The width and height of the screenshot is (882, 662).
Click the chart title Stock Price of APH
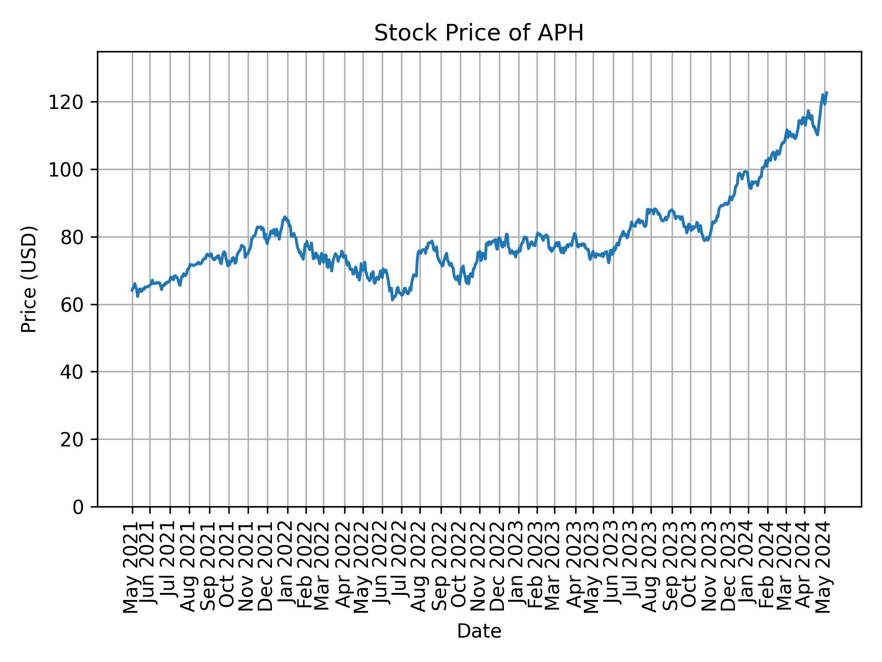pos(479,34)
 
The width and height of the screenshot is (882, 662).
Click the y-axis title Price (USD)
pos(28,279)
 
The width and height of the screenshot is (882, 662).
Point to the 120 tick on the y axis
pos(69,102)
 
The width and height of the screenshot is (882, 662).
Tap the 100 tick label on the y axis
pos(69,170)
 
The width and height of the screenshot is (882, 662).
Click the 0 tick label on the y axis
pos(79,507)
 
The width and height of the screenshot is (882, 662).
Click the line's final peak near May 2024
pos(826,93)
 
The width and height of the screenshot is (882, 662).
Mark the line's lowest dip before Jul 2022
pos(392,300)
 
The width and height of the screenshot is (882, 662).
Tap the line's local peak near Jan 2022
pos(285,217)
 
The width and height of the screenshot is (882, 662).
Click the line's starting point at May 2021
pos(132,291)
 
